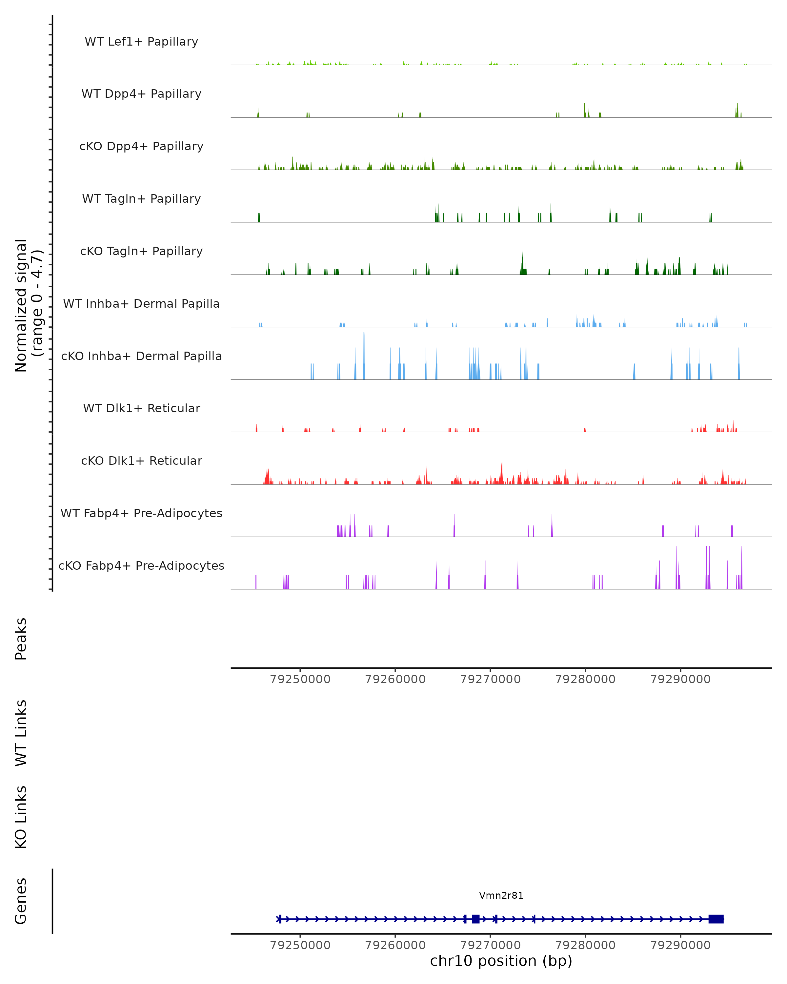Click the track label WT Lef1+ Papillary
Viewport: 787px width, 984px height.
pyautogui.click(x=141, y=42)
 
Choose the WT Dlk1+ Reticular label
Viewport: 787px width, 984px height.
pyautogui.click(x=141, y=408)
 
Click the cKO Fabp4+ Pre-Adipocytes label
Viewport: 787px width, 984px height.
pyautogui.click(x=141, y=565)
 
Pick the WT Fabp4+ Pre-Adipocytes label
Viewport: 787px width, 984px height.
pyautogui.click(x=141, y=513)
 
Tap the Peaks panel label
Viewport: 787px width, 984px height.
pyautogui.click(x=21, y=639)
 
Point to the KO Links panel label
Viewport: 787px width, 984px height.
pyautogui.click(x=21, y=817)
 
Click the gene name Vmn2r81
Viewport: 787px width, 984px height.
pyautogui.click(x=501, y=895)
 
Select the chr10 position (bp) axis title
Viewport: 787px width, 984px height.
pyautogui.click(x=501, y=961)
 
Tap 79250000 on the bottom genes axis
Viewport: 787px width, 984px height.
pyautogui.click(x=300, y=945)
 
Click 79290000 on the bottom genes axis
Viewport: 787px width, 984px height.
pyautogui.click(x=680, y=945)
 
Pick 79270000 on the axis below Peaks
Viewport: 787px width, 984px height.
pyautogui.click(x=491, y=679)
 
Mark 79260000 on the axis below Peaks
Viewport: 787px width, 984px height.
pyautogui.click(x=395, y=679)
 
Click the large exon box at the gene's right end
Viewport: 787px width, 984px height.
pyautogui.click(x=716, y=919)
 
